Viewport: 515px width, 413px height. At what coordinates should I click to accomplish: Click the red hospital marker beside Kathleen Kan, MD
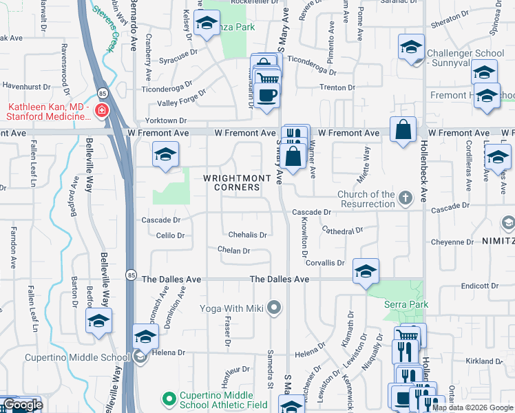[x=102, y=111]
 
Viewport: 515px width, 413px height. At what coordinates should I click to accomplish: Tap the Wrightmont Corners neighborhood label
[x=231, y=182]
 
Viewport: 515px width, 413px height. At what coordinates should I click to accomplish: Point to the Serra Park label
[x=407, y=304]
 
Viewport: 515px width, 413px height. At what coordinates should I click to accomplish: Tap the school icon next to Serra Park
[x=366, y=271]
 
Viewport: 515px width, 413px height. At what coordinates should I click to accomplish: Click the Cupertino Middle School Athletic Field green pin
[x=169, y=398]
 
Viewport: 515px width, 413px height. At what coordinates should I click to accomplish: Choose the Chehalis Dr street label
[x=247, y=235]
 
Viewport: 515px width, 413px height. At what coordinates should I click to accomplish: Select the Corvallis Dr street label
[x=325, y=263]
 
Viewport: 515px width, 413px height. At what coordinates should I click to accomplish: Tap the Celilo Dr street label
[x=171, y=235]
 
